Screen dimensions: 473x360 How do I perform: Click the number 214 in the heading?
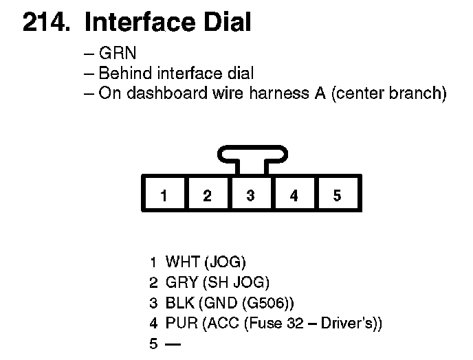pyautogui.click(x=46, y=23)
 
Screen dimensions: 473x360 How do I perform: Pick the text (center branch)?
pyautogui.click(x=388, y=93)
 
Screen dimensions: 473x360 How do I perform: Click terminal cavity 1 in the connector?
pyautogui.click(x=164, y=196)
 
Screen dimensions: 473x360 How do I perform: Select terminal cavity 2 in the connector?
pyautogui.click(x=207, y=196)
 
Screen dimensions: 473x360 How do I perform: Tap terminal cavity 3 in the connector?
pyautogui.click(x=250, y=196)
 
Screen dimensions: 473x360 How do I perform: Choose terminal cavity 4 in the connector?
pyautogui.click(x=294, y=196)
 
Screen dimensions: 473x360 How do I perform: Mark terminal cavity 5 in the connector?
pyautogui.click(x=337, y=196)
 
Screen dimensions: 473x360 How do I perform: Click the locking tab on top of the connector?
pyautogui.click(x=250, y=155)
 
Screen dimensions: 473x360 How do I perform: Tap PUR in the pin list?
pyautogui.click(x=181, y=323)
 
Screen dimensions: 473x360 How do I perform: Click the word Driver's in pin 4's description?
pyautogui.click(x=349, y=323)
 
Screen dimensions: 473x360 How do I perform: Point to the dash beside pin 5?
pyautogui.click(x=172, y=343)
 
